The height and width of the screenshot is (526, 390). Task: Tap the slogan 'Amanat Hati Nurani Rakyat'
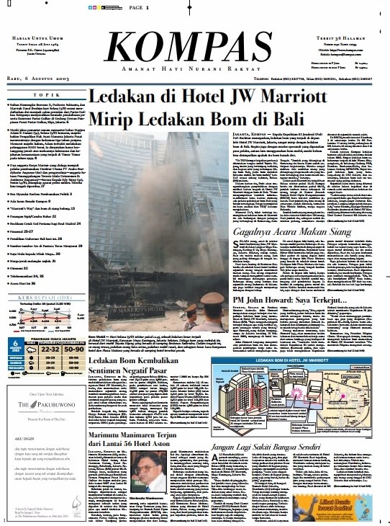point(195,67)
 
